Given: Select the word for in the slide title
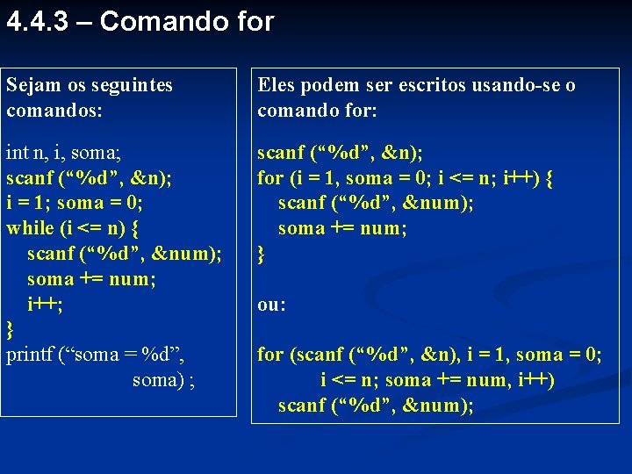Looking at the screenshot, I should pos(255,21).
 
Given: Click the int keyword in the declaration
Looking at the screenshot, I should pos(17,153).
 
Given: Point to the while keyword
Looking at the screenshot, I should pos(32,228).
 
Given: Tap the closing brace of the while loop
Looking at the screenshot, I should pos(11,330).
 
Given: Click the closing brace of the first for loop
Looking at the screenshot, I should pos(261,255).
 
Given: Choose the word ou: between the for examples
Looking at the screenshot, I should pos(271,305).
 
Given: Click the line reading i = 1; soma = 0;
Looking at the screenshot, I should pos(74,203).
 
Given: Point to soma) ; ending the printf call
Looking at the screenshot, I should pos(163,380).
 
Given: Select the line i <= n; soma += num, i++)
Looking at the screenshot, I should pos(437,380).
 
